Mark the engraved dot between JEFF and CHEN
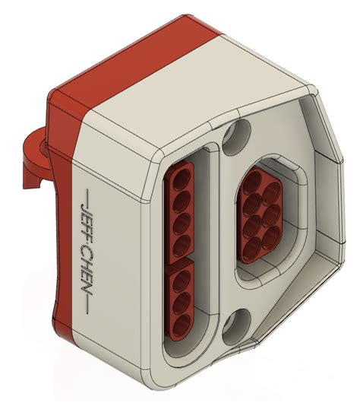(x=84, y=243)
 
